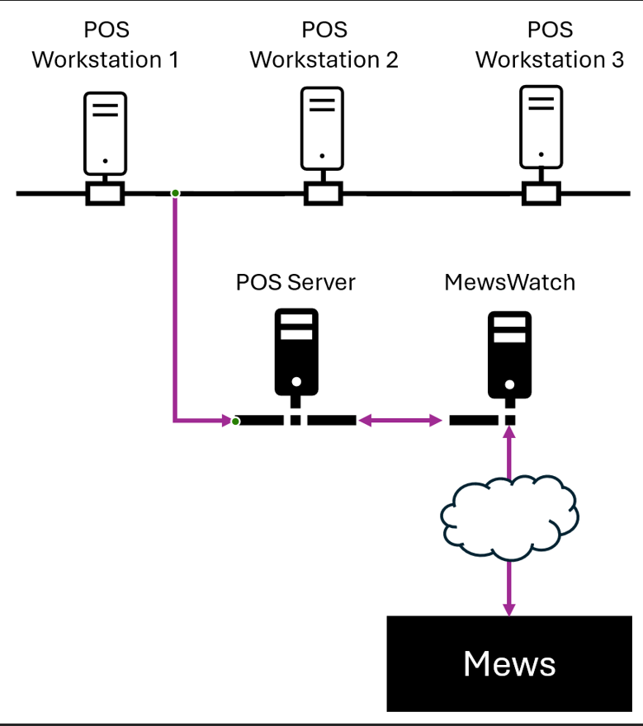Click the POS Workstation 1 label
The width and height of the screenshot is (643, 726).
106,45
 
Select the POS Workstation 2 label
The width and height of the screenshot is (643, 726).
324,45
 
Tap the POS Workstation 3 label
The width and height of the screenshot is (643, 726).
550,45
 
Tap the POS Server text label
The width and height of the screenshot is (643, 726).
295,282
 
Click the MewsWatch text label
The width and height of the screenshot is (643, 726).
509,282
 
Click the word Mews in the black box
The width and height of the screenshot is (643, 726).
509,663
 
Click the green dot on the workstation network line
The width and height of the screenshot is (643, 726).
175,193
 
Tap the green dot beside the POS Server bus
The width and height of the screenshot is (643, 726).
236,422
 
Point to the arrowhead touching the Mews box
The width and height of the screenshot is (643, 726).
509,608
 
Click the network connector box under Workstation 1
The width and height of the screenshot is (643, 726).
106,194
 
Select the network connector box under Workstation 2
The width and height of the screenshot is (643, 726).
322,194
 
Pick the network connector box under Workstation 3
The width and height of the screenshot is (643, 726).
541,194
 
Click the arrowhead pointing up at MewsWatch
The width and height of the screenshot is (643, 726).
509,435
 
